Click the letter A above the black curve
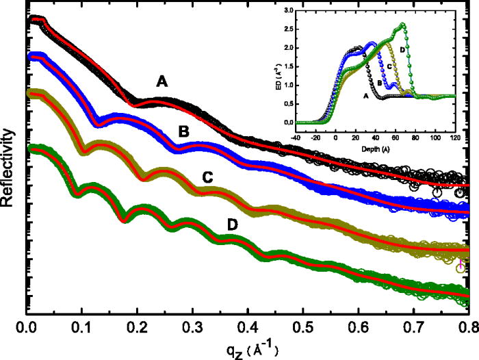161,81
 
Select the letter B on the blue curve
183,129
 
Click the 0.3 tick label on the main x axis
193,328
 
